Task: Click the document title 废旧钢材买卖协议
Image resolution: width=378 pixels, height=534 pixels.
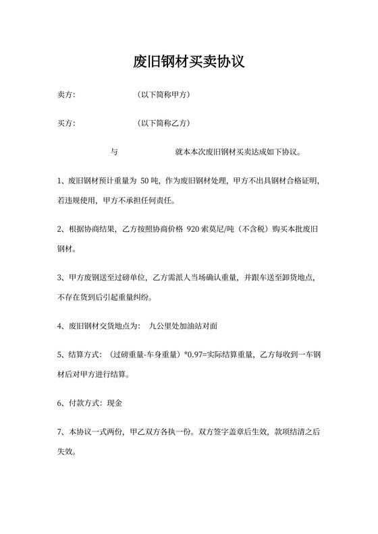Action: (188, 63)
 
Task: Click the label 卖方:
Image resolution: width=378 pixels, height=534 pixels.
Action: (66, 95)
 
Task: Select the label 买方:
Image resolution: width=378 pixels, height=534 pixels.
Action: (66, 123)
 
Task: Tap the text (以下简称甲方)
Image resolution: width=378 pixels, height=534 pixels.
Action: (163, 95)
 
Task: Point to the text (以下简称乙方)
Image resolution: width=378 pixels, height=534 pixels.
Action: (163, 123)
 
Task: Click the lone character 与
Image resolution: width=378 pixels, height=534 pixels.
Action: (114, 152)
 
